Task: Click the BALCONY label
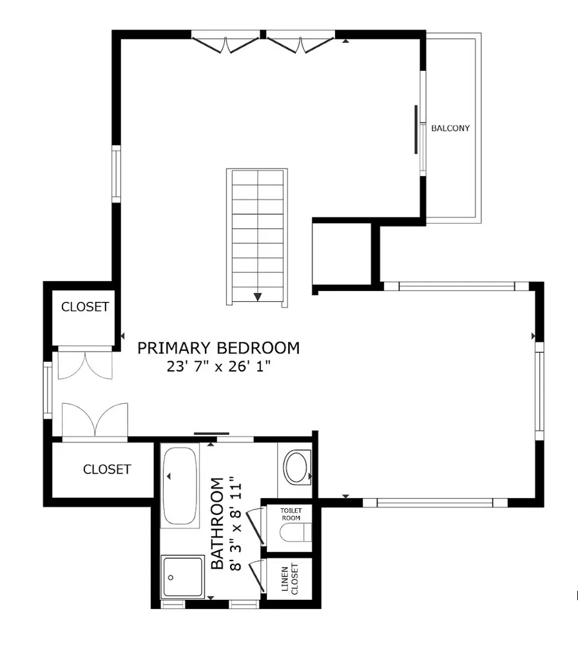pyautogui.click(x=450, y=128)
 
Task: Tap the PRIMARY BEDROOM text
pyautogui.click(x=218, y=348)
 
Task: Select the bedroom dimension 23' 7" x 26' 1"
pyautogui.click(x=218, y=367)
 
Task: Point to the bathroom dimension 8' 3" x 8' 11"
pyautogui.click(x=236, y=524)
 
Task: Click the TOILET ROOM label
pyautogui.click(x=290, y=513)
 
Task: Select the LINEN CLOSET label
pyautogui.click(x=289, y=579)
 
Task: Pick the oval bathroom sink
pyautogui.click(x=296, y=468)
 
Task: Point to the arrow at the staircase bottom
pyautogui.click(x=258, y=297)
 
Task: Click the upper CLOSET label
pyautogui.click(x=85, y=307)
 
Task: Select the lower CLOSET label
pyautogui.click(x=107, y=470)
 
